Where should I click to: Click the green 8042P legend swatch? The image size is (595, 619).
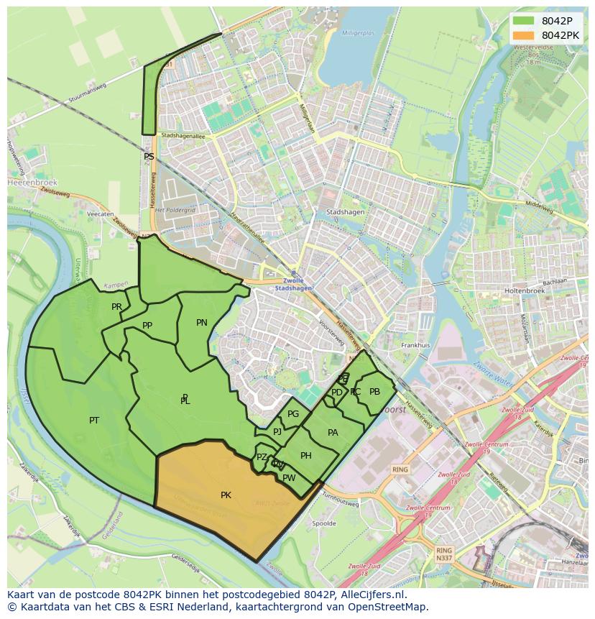point(524,21)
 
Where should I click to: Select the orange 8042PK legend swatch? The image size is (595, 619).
point(524,35)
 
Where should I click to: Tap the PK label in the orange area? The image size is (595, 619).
point(226,495)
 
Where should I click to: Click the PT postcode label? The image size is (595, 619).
point(94,421)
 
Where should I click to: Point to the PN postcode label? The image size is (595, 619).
point(202,323)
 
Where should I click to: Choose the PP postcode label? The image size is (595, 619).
point(147,326)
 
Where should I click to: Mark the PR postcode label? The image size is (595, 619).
point(116,307)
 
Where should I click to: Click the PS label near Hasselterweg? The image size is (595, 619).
point(149,157)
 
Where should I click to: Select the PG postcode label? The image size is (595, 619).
point(293,414)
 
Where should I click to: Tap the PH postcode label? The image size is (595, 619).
point(306,456)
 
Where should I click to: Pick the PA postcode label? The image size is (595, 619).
point(333,433)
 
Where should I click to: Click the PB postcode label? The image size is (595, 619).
point(374,392)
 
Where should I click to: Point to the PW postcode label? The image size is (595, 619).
point(289,478)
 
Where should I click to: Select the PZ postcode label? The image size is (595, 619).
point(262,457)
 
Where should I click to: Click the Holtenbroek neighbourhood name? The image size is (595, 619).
point(525,290)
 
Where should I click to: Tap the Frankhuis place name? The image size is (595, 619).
point(415,345)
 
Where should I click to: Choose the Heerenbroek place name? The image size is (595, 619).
point(27,183)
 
